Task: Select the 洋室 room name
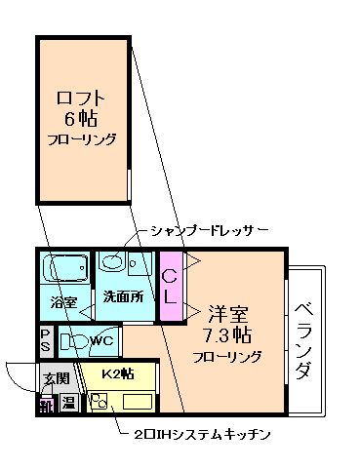(x=227, y=314)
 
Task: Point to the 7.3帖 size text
(x=227, y=334)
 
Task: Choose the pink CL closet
(x=170, y=284)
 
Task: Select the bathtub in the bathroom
(x=64, y=267)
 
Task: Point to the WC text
(x=102, y=341)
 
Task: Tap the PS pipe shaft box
(x=45, y=342)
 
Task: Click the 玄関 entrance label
(x=55, y=378)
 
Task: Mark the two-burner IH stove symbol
(x=98, y=400)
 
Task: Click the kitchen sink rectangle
(x=136, y=401)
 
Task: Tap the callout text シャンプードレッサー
(x=208, y=230)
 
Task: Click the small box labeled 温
(x=68, y=402)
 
